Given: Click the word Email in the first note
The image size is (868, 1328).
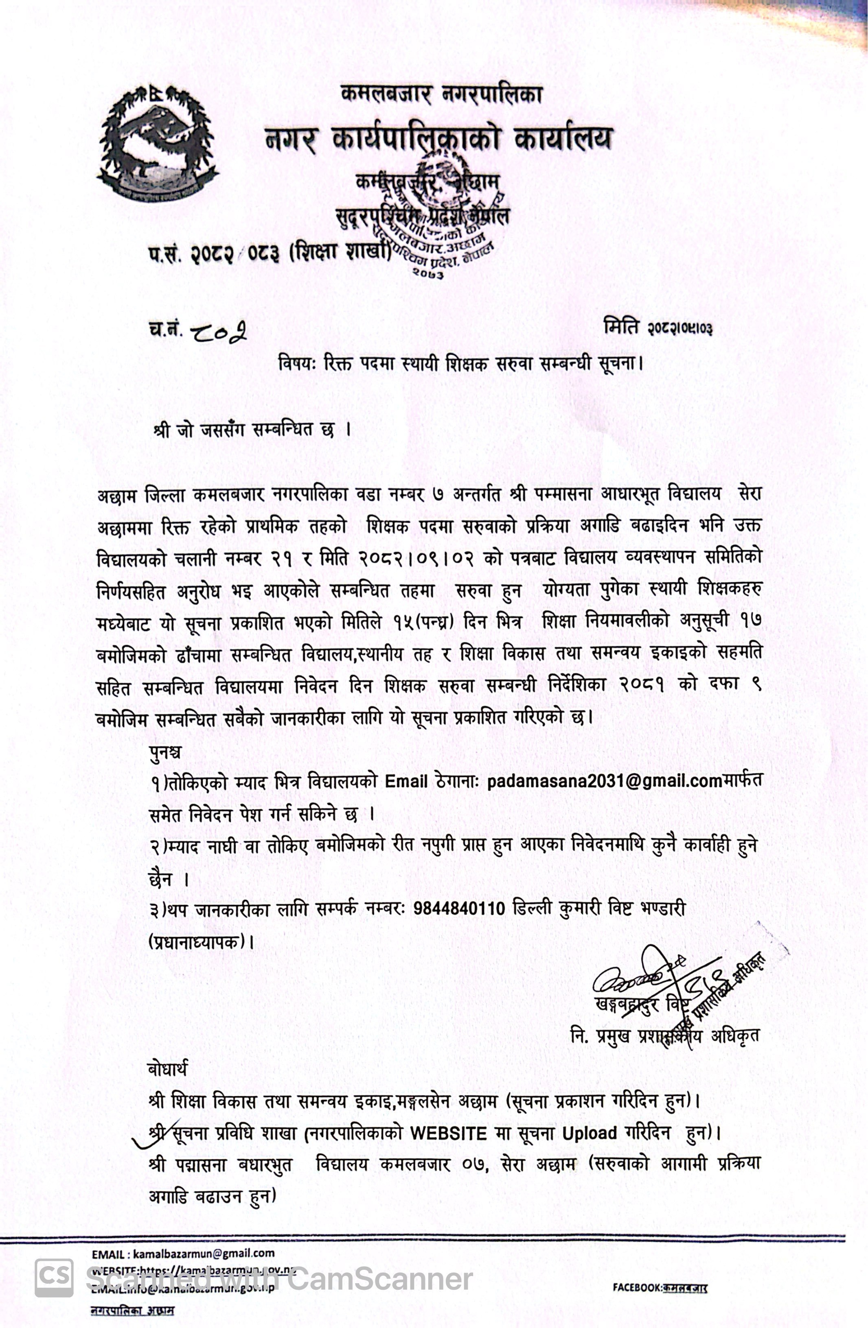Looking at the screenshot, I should pos(406,781).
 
